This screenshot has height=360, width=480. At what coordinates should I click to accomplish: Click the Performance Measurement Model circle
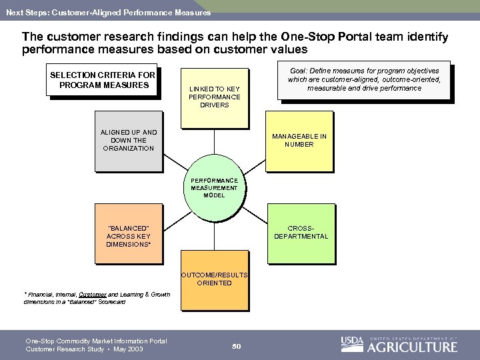pyautogui.click(x=214, y=189)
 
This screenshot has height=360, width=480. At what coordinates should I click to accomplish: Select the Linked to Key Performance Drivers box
pyautogui.click(x=214, y=98)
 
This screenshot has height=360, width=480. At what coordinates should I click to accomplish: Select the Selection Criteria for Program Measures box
pyautogui.click(x=103, y=79)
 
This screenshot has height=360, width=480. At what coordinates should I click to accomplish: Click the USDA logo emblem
pyautogui.click(x=352, y=344)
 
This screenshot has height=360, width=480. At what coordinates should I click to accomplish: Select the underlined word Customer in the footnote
pyautogui.click(x=88, y=294)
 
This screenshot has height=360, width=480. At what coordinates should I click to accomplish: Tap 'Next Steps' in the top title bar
pyautogui.click(x=22, y=12)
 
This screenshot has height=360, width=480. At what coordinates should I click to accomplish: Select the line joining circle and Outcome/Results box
pyautogui.click(x=214, y=236)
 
